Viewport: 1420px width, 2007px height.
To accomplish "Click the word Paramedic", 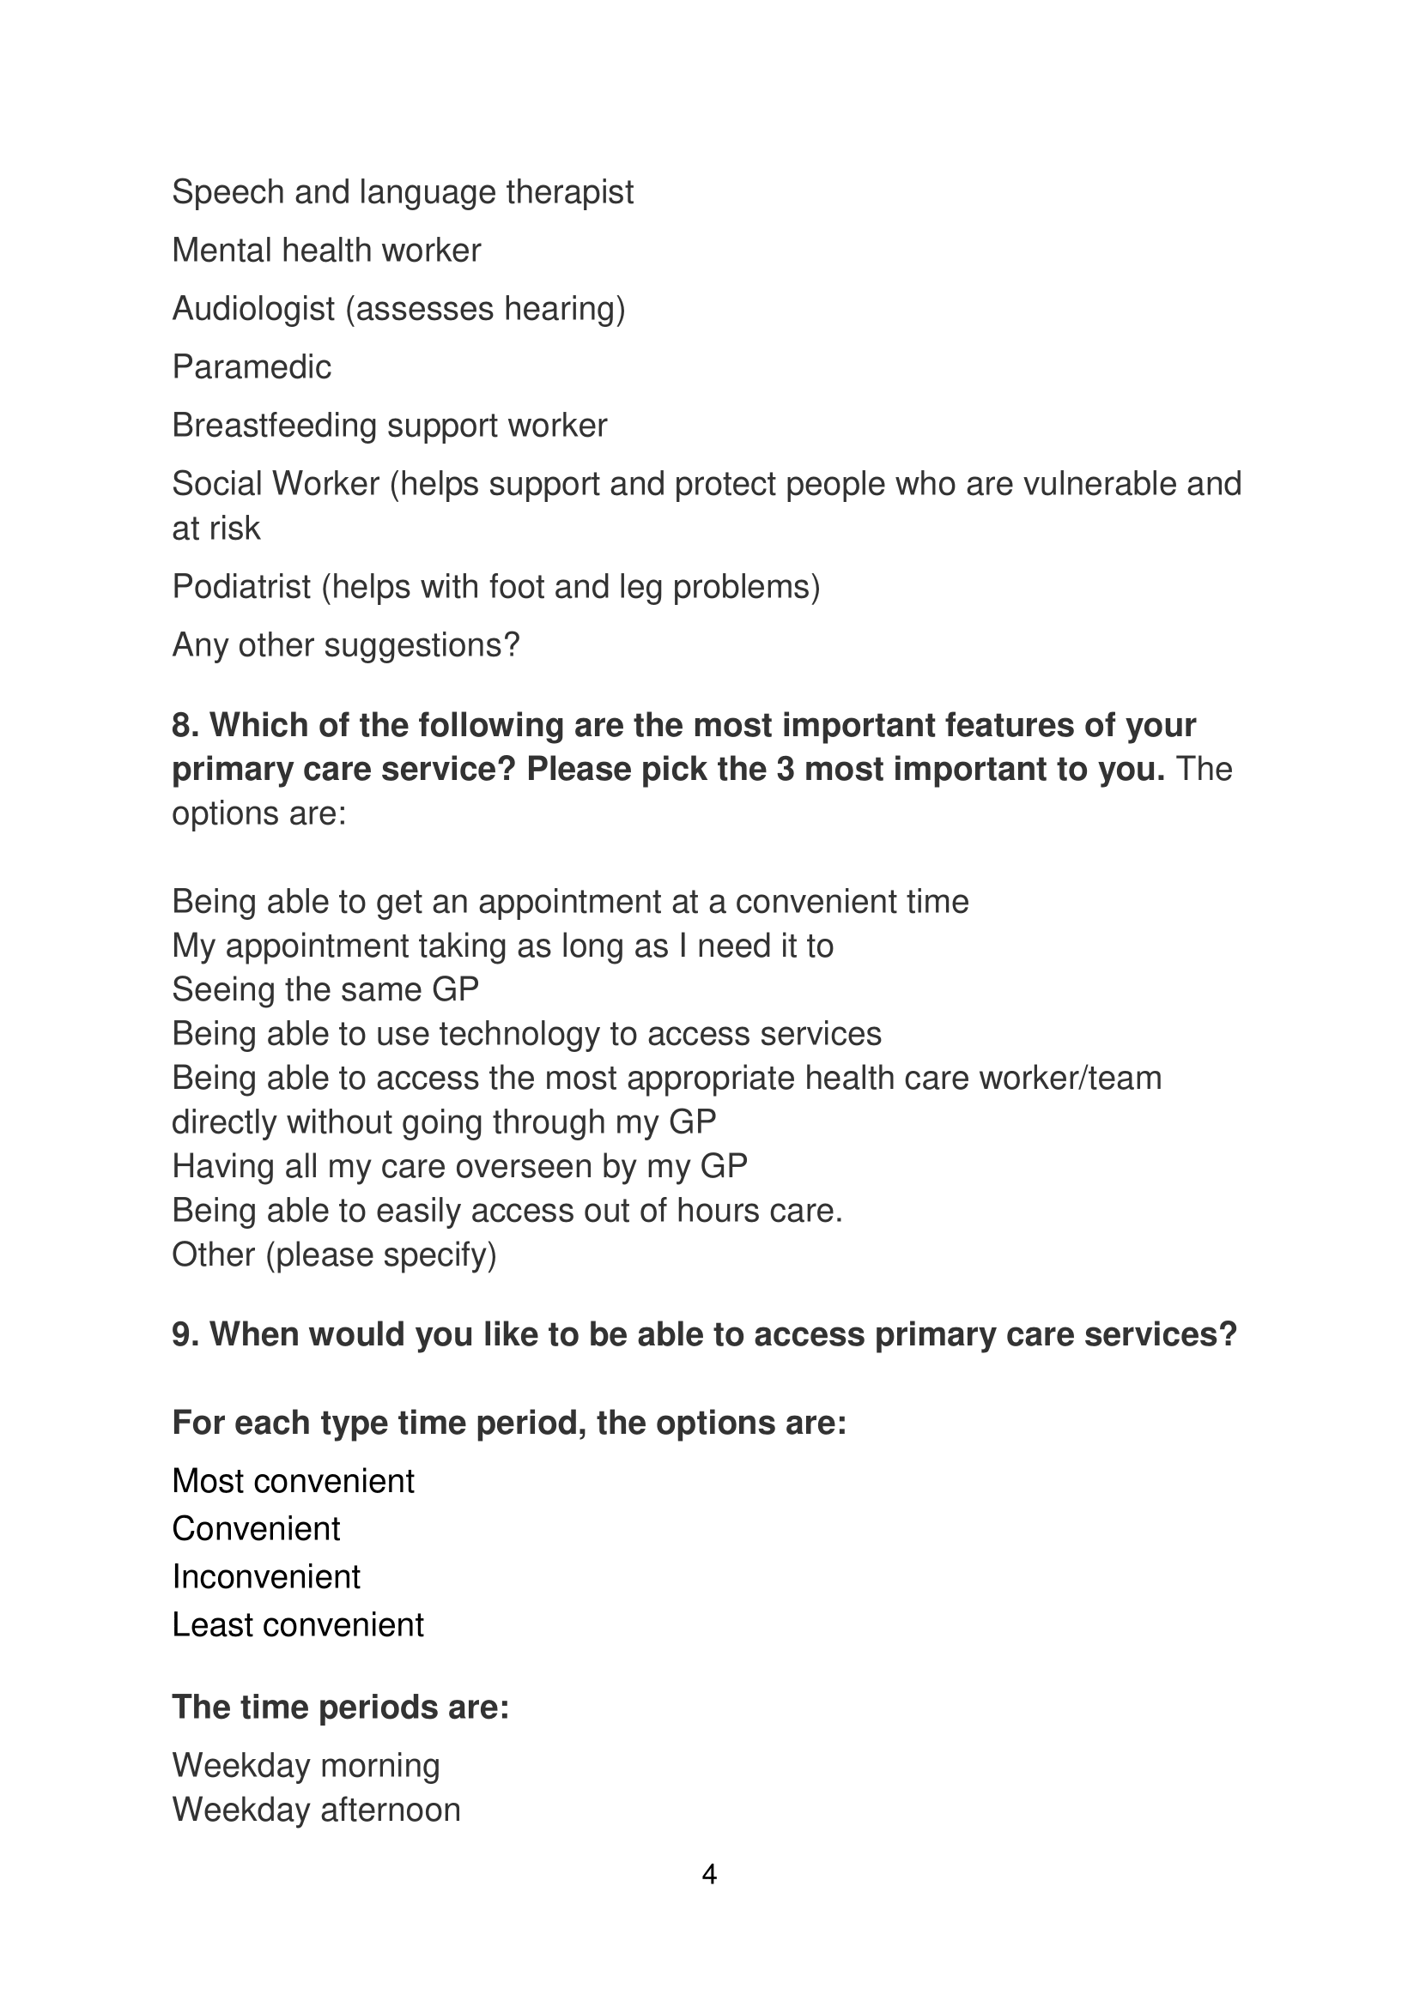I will click(252, 367).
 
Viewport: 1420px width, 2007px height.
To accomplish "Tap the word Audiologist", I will click(253, 309).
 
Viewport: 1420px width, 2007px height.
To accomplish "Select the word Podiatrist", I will click(241, 587).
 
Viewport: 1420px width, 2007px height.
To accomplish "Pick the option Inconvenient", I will click(266, 1577).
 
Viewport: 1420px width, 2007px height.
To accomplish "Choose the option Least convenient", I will click(297, 1625).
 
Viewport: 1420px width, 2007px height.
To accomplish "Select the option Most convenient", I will click(293, 1481).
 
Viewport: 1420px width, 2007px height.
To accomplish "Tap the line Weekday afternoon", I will click(316, 1810).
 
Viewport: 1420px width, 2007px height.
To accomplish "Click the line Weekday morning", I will click(305, 1766).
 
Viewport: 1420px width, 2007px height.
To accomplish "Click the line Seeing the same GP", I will click(325, 989).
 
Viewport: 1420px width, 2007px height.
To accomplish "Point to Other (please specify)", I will click(334, 1254).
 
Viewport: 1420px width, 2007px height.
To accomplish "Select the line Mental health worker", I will click(326, 251).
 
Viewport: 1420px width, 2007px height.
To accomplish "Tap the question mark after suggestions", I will click(512, 645).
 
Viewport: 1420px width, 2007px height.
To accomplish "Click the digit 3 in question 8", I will click(785, 769).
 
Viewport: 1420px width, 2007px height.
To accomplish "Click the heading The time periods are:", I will click(340, 1708).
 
